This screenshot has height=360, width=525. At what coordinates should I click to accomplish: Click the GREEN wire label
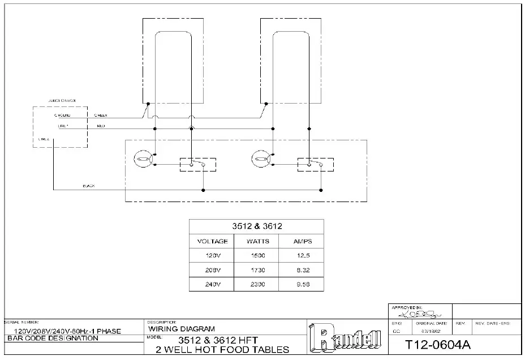tap(101, 115)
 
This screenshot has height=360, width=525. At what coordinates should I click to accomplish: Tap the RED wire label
tap(100, 126)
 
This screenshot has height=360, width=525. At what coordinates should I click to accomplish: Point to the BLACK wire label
tap(89, 186)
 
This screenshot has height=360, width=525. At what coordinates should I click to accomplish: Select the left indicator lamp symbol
tap(143, 158)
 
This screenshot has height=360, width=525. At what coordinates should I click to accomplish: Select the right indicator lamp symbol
tap(262, 158)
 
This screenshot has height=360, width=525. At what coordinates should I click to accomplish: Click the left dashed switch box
tap(197, 164)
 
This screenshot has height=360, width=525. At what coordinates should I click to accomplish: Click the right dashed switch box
tap(316, 164)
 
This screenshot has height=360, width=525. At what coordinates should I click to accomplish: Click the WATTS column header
tap(257, 241)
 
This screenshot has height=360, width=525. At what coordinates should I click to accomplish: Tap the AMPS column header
tap(302, 241)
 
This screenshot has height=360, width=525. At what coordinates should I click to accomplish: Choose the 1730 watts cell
tap(257, 270)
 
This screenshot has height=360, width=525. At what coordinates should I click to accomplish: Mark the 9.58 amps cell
tap(302, 284)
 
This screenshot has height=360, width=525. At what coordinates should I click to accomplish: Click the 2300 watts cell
tap(257, 284)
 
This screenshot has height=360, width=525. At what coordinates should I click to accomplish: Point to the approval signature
tap(416, 312)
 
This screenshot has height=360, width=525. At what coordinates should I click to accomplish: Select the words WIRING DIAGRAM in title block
tap(181, 328)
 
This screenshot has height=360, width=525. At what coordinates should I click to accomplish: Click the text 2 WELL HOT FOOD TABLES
tap(222, 350)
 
